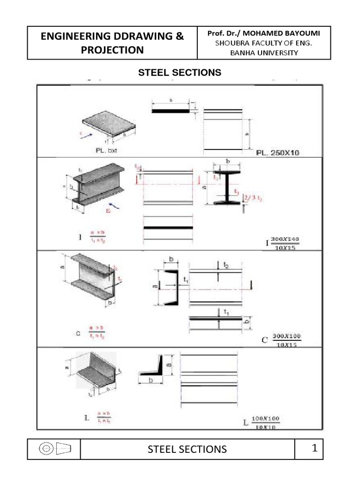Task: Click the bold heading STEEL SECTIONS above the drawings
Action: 178,73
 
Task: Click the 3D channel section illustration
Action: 94,281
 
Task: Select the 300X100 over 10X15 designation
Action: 285,340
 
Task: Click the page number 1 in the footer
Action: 315,449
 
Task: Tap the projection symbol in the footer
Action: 54,449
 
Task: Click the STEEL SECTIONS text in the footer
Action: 187,449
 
